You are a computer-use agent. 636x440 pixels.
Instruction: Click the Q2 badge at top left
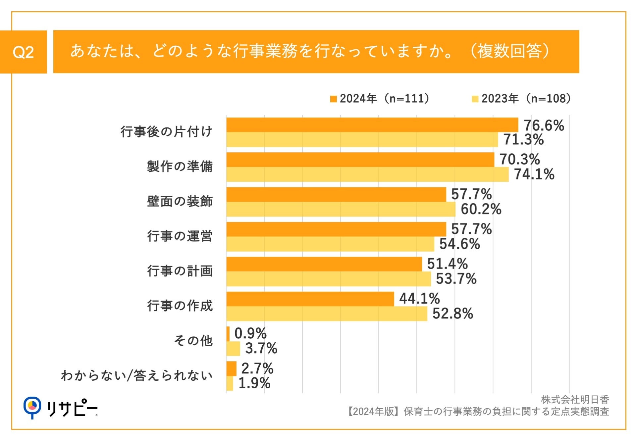[23, 52]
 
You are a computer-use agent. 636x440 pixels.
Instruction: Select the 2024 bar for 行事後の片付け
[372, 125]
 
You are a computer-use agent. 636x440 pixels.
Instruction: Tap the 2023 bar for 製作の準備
[367, 174]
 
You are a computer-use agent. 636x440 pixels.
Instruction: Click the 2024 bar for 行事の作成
[310, 299]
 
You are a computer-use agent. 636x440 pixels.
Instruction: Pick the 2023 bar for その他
[233, 349]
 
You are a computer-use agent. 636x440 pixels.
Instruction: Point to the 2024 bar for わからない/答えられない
[231, 368]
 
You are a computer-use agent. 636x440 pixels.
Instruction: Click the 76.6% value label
[544, 125]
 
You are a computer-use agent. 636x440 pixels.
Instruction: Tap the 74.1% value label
[534, 174]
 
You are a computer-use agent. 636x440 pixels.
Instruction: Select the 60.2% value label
[481, 209]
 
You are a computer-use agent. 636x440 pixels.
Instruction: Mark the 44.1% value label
[419, 299]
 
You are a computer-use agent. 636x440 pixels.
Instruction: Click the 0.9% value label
[250, 333]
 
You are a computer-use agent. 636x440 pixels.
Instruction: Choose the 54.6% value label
[459, 244]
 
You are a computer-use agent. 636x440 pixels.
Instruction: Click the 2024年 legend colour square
[333, 99]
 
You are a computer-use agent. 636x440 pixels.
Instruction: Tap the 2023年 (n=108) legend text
[526, 99]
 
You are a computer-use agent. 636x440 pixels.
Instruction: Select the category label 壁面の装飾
[180, 201]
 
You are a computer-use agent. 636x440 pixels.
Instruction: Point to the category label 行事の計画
[180, 271]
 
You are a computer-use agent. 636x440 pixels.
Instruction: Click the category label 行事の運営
[180, 236]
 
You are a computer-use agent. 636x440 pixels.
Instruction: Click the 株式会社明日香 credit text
[575, 400]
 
